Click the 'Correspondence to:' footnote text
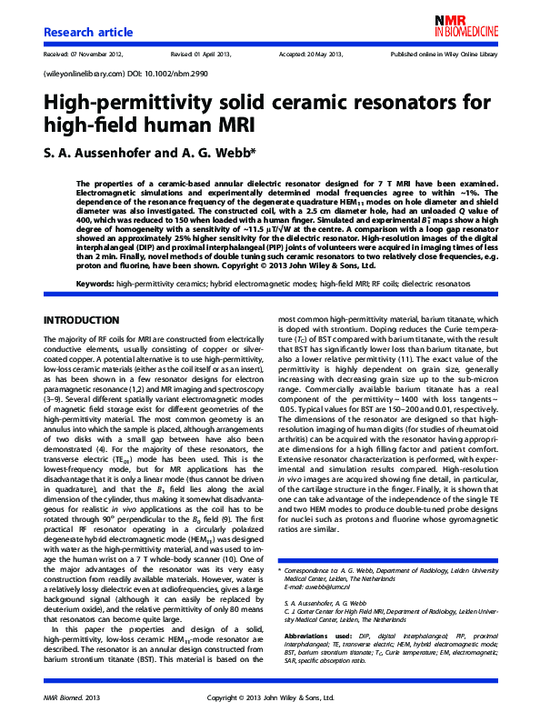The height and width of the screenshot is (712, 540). tap(322, 571)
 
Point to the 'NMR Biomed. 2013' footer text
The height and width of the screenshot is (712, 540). tap(71, 697)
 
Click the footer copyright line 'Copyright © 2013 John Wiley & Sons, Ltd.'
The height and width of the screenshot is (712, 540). tap(270, 697)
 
